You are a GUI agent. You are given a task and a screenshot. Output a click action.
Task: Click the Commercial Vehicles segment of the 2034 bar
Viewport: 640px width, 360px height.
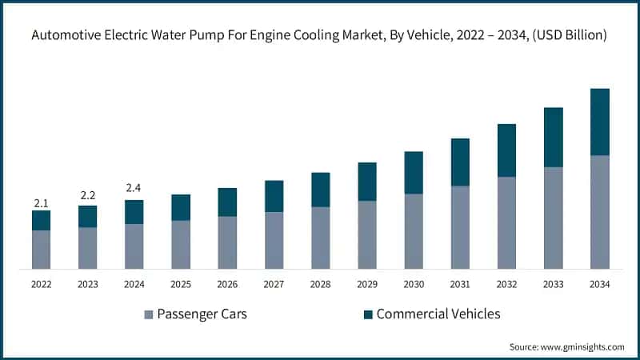pos(599,122)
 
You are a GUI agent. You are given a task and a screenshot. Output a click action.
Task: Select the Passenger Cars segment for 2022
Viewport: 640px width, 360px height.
pos(41,250)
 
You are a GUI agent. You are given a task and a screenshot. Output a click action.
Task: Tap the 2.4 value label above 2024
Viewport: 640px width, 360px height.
pos(134,189)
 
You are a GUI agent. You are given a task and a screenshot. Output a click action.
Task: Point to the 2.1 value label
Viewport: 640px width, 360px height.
pos(41,203)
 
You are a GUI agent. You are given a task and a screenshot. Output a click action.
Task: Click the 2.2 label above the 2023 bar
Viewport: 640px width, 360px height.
pos(87,196)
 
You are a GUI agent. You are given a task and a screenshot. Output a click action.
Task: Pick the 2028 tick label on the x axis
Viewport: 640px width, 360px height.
pos(320,284)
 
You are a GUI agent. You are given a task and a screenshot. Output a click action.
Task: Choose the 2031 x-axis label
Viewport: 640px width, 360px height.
pos(459,284)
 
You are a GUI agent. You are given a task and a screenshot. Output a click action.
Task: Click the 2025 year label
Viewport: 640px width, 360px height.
pos(181,284)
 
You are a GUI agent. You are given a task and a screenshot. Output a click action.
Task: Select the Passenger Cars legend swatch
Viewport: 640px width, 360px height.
pos(149,314)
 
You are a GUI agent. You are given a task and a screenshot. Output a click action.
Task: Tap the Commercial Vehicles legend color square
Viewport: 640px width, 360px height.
pos(367,314)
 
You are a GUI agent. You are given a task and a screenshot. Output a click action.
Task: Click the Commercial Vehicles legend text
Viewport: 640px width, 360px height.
pos(438,314)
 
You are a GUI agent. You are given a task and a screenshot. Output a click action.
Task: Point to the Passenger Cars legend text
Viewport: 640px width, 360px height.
pos(202,314)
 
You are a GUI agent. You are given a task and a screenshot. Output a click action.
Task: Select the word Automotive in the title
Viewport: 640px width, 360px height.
pos(65,35)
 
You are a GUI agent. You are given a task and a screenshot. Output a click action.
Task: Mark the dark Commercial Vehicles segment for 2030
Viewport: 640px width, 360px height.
pos(413,173)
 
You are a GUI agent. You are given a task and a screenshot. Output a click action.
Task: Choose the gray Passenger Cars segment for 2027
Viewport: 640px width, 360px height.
pos(274,240)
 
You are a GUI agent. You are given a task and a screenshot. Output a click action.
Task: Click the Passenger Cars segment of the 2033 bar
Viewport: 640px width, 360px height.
pos(553,218)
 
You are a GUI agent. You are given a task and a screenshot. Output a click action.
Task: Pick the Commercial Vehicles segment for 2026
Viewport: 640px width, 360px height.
pos(227,202)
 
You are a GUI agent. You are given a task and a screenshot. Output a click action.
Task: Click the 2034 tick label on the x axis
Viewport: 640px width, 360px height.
pos(599,284)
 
